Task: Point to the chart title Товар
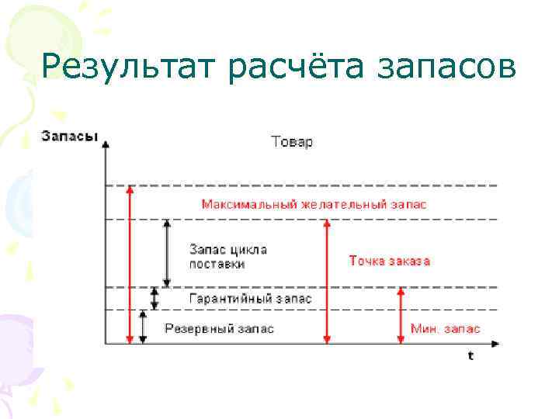coord(292,142)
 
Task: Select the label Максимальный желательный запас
coord(314,204)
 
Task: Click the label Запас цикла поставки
coord(228,257)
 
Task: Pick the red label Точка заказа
coord(389,261)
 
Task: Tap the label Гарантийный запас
coord(251,298)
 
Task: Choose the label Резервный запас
coord(220,328)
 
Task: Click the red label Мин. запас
coord(445,328)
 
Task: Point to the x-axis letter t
coord(470,355)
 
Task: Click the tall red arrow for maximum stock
coord(130,264)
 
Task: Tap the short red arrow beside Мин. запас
coord(401,314)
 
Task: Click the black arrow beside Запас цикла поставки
coord(166,253)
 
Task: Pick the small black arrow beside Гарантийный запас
coord(155,298)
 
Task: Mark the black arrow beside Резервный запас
coord(143,326)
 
